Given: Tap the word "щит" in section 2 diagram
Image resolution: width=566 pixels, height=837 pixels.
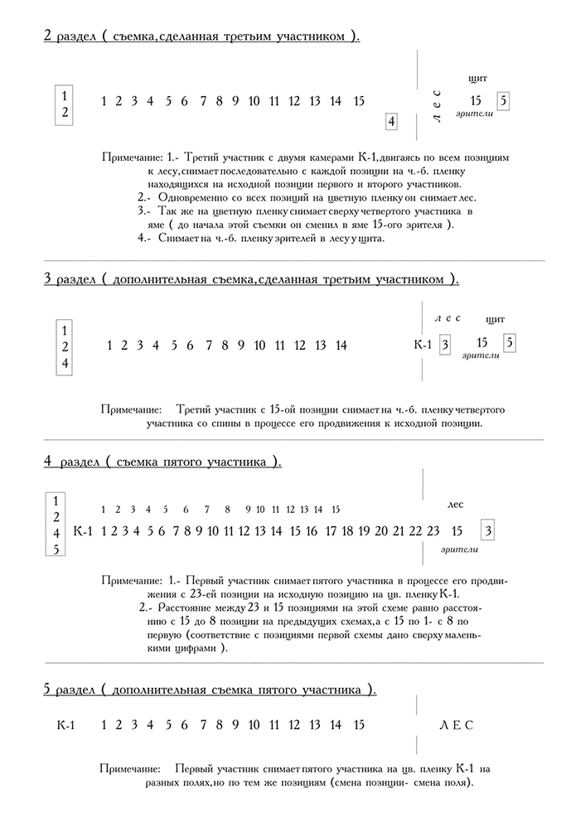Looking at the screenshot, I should pos(477,78).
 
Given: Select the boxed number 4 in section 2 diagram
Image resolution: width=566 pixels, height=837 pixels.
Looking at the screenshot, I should pos(391,122).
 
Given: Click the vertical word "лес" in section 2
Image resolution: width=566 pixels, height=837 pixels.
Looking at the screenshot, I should pos(437,105).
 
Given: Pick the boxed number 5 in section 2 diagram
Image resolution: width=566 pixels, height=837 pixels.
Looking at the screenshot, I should pos(504,101).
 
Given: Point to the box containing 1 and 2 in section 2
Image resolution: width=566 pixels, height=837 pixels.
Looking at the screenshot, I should pos(65,104).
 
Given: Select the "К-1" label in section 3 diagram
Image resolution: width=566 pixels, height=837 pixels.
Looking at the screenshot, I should pos(423,345).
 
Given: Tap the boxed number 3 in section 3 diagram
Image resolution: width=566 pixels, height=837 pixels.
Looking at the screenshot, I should pos(445,345).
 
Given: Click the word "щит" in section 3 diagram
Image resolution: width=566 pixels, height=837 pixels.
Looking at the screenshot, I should pos(496,319).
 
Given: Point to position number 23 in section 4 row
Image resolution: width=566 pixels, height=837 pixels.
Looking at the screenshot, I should pos(433,530).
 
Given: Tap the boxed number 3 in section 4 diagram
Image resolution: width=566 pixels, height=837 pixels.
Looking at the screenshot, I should pos(489,530).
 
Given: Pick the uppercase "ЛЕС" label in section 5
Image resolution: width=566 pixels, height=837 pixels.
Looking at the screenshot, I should pos(456,725).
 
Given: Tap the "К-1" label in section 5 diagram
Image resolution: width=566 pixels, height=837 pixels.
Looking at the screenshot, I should pos(67,725).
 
